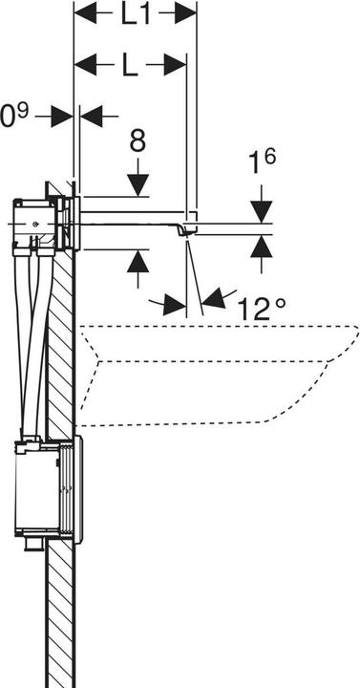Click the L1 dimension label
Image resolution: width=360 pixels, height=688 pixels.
135,15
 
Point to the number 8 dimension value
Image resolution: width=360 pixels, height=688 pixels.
138,142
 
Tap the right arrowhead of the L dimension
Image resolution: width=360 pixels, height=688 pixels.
175,65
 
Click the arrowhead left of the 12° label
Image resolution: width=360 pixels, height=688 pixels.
176,306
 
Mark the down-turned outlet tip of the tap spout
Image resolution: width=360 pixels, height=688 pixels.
190,230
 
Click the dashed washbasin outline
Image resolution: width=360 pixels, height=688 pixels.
210,373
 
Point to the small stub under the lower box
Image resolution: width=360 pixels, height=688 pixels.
34,545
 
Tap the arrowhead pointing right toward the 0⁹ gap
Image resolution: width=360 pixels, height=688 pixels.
63,116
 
